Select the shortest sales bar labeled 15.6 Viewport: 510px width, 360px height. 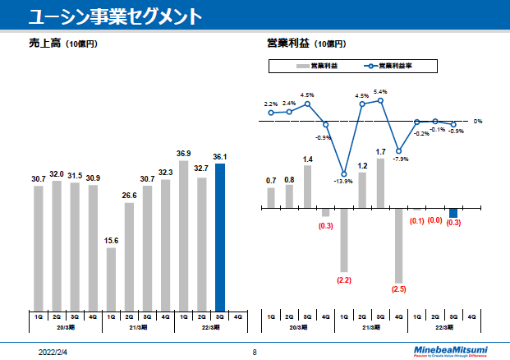point(111,278)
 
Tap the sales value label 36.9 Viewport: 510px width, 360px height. point(184,154)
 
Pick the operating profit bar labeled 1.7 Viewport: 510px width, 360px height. point(380,182)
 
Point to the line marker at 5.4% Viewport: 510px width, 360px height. point(380,101)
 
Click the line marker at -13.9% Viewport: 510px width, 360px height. point(344,173)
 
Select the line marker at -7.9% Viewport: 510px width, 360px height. point(399,151)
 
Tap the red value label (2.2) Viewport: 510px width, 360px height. point(344,280)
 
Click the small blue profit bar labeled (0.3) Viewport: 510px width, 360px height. point(453,213)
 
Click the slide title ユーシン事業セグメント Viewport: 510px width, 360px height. point(111,16)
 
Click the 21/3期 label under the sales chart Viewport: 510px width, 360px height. point(138,327)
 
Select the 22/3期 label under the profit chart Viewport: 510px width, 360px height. point(443,327)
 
